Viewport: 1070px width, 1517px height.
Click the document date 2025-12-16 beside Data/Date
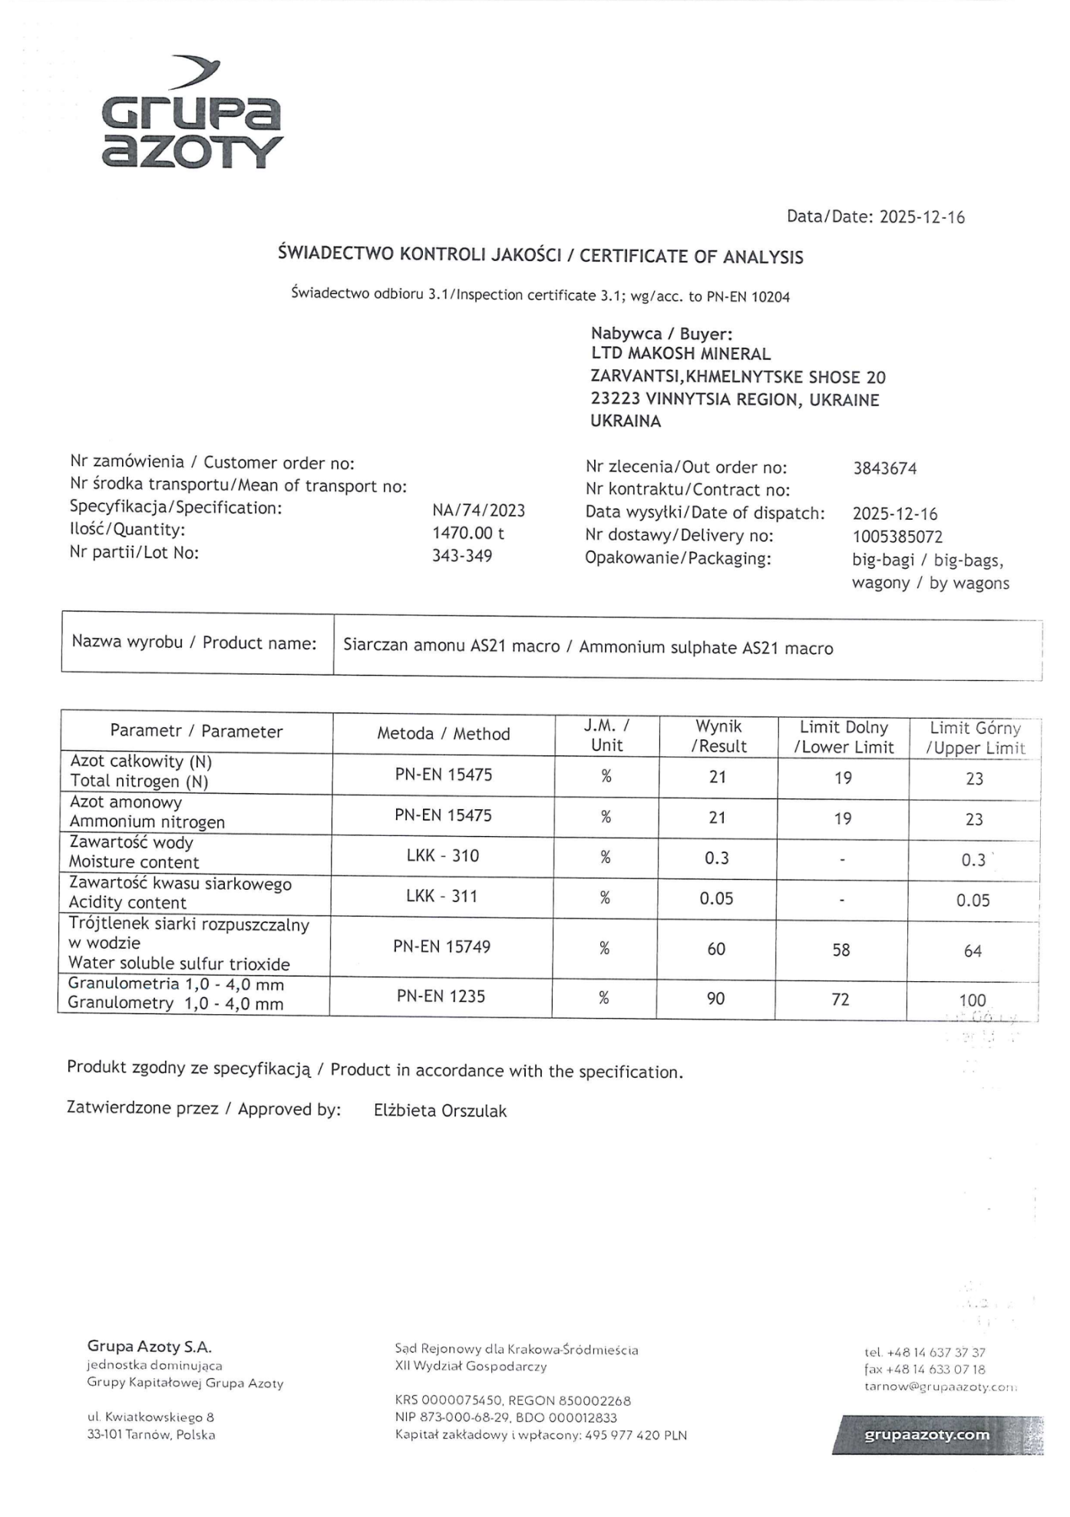[x=921, y=217]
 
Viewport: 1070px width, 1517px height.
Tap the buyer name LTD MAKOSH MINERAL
[x=680, y=354]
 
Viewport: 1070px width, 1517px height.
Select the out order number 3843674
[x=884, y=468]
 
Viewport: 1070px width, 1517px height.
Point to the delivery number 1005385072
[x=897, y=537]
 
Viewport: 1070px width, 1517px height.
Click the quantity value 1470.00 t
[x=467, y=533]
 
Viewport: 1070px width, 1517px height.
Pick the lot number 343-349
[x=461, y=555]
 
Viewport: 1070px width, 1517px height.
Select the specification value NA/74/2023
[x=478, y=511]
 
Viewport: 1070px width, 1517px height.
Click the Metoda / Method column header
[x=443, y=734]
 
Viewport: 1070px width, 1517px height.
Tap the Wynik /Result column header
[x=718, y=735]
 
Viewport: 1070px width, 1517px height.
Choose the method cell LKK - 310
[x=442, y=855]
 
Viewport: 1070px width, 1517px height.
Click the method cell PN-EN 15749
[x=441, y=947]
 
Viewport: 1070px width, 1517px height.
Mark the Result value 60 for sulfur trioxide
[x=715, y=950]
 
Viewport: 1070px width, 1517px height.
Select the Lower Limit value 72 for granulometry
[x=840, y=999]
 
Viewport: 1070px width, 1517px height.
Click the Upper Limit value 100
[x=972, y=1000]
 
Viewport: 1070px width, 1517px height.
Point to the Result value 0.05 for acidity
[x=715, y=898]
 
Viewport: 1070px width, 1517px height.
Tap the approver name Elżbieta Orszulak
[x=440, y=1111]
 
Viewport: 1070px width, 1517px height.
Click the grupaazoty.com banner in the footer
[x=926, y=1434]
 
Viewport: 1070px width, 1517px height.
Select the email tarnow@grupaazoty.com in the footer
[x=940, y=1386]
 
